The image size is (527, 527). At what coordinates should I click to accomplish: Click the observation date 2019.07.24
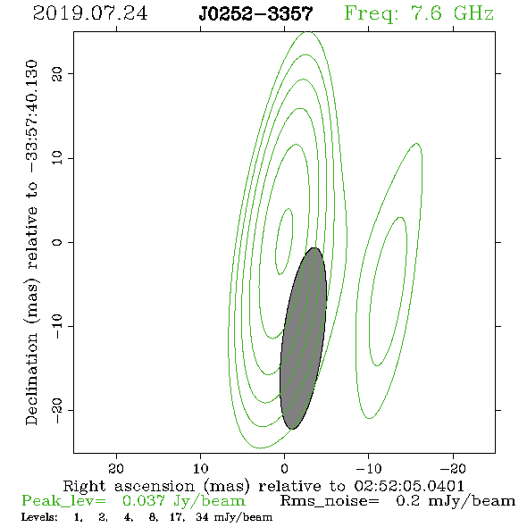click(90, 13)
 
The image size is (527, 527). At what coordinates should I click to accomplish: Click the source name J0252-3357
click(255, 13)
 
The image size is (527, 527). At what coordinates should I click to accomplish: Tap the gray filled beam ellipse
click(303, 339)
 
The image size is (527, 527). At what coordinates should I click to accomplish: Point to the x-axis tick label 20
click(116, 468)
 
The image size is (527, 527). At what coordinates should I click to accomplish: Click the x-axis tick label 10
click(200, 468)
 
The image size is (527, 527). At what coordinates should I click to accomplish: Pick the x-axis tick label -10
click(369, 468)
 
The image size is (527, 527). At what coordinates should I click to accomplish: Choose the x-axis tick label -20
click(453, 468)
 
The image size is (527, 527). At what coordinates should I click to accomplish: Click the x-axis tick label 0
click(284, 468)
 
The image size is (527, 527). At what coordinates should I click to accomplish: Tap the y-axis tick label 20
click(57, 73)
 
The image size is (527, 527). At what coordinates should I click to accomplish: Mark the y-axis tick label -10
click(57, 326)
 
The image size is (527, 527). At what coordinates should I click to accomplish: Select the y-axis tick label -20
click(57, 410)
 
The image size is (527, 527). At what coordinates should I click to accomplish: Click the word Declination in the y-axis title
click(31, 379)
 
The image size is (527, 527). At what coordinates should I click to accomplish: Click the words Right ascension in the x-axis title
click(129, 486)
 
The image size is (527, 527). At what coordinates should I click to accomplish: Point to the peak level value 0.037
click(144, 501)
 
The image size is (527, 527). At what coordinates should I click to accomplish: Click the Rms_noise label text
click(330, 501)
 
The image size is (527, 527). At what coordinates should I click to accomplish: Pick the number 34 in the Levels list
click(202, 516)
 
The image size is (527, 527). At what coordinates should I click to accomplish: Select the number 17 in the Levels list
click(176, 516)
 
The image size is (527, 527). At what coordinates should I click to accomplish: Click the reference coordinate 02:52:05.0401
click(409, 486)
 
